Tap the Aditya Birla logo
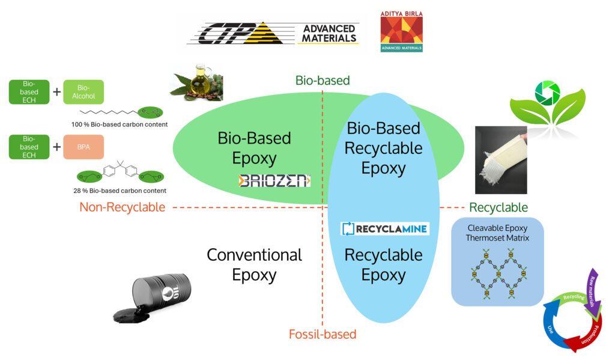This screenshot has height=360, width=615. coord(401,31)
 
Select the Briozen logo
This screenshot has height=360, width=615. coord(274,180)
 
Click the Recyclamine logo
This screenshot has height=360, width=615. coord(385,228)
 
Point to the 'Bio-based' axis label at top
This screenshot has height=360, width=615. coord(323,80)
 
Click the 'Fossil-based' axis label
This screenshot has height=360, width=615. coord(323,334)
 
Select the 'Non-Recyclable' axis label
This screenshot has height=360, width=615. coord(122,207)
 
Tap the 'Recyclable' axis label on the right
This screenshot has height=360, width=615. coord(498,207)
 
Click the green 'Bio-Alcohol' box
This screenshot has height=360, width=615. coord(83,92)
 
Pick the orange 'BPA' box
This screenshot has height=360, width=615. coord(83,147)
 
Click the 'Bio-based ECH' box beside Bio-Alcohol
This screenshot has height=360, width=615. coord(29,92)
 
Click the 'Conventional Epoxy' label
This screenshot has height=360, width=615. coord(254,264)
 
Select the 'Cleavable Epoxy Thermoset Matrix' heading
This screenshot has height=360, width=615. coord(497,233)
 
